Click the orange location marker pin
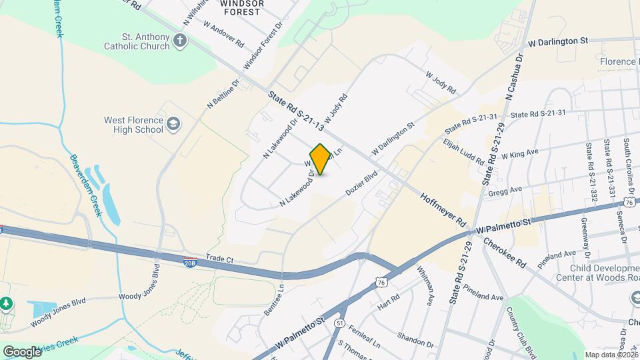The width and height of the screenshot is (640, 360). click(x=321, y=159)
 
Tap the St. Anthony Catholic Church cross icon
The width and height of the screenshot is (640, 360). click(x=179, y=42)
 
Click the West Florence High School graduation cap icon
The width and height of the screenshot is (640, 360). click(x=173, y=124)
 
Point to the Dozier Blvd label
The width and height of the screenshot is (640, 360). click(x=362, y=182)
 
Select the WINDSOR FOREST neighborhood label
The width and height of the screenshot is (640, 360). click(x=242, y=7)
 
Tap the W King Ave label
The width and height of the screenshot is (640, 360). click(x=520, y=155)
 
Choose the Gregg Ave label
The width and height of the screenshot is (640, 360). click(x=504, y=191)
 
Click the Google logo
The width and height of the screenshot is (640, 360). click(x=22, y=351)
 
